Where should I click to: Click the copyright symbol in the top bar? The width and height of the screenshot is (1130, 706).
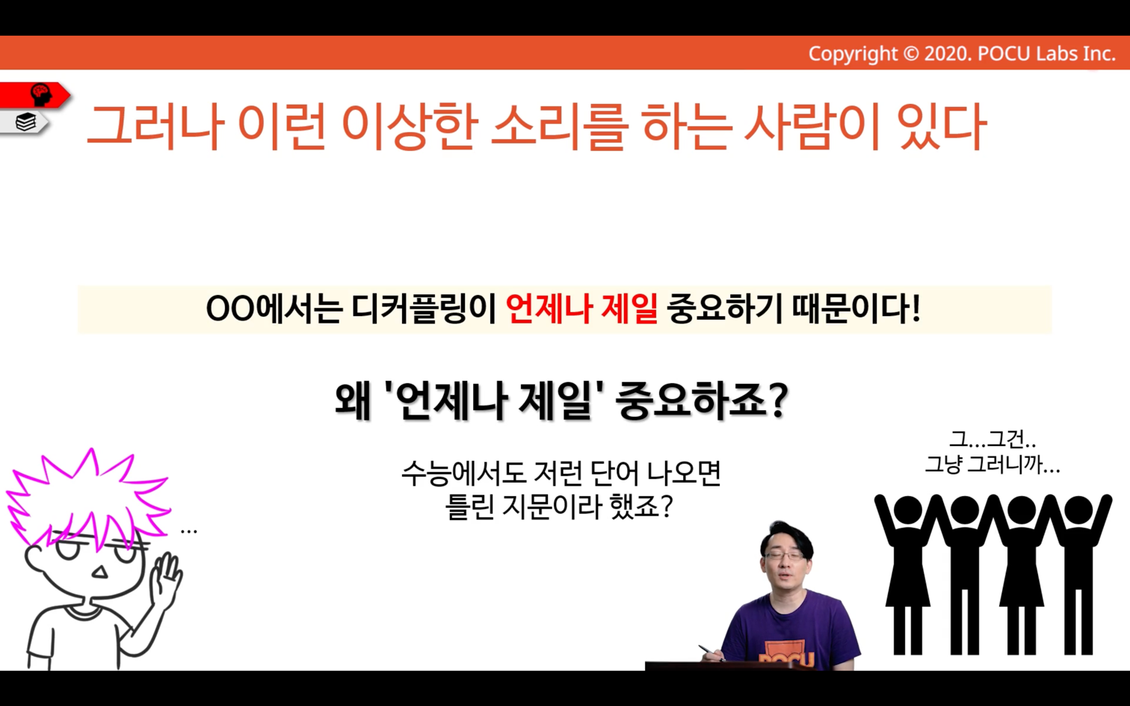[x=911, y=54]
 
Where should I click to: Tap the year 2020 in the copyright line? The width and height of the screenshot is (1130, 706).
[x=947, y=54]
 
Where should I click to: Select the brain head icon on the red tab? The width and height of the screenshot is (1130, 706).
[x=41, y=95]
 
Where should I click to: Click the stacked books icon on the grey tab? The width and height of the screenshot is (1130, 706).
[x=26, y=122]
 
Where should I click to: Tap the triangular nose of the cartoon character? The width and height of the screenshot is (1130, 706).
[x=100, y=572]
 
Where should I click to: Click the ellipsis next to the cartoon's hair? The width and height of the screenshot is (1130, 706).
[x=188, y=531]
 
